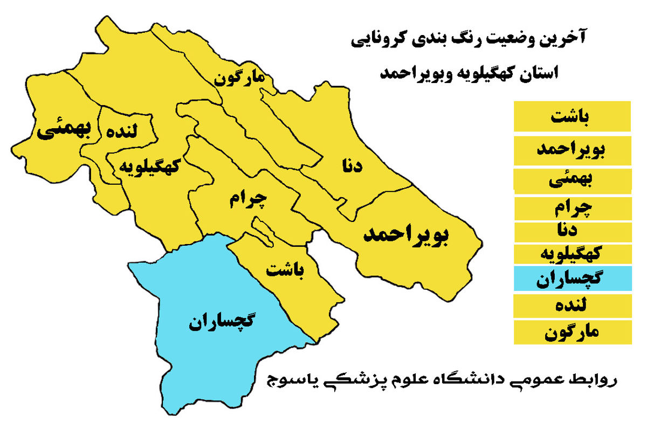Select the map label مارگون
240,78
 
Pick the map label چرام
247,200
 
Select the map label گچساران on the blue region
222,322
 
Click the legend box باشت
572,117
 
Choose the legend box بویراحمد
572,151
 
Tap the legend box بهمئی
572,181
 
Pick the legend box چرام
572,207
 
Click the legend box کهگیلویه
572,254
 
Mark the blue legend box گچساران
572,279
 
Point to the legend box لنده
572,306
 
